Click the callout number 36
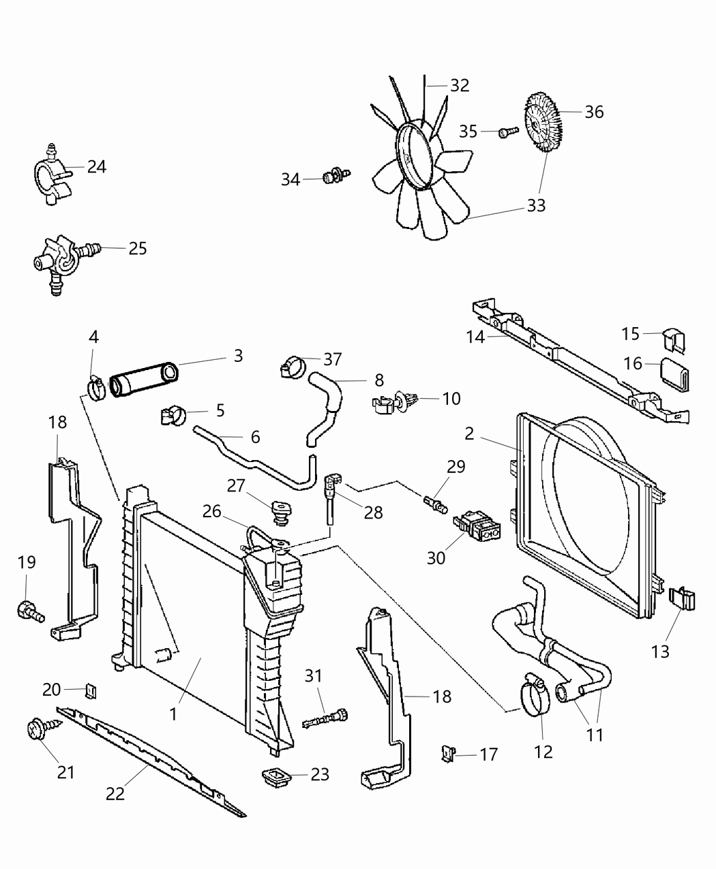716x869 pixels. (x=594, y=112)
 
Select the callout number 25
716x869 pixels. (x=138, y=248)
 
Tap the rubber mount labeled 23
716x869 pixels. (x=277, y=776)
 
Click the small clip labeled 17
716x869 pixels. (x=447, y=753)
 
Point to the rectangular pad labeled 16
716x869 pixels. (x=674, y=374)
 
